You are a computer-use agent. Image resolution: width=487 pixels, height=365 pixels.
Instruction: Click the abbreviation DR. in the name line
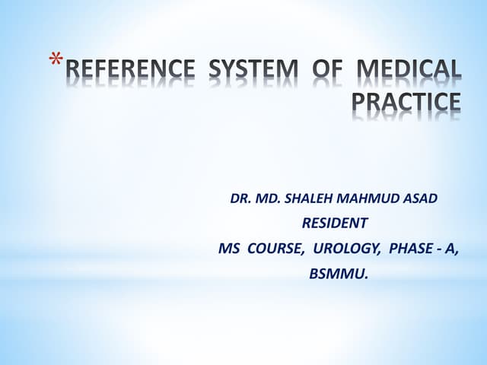pos(240,199)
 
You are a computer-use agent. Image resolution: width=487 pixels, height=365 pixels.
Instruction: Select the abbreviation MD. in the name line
pos(269,199)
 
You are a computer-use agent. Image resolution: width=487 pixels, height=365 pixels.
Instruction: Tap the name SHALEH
pos(311,199)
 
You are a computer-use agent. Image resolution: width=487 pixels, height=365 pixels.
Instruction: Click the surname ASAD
pos(422,199)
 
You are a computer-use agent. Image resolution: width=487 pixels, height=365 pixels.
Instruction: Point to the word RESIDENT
pos(335,223)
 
